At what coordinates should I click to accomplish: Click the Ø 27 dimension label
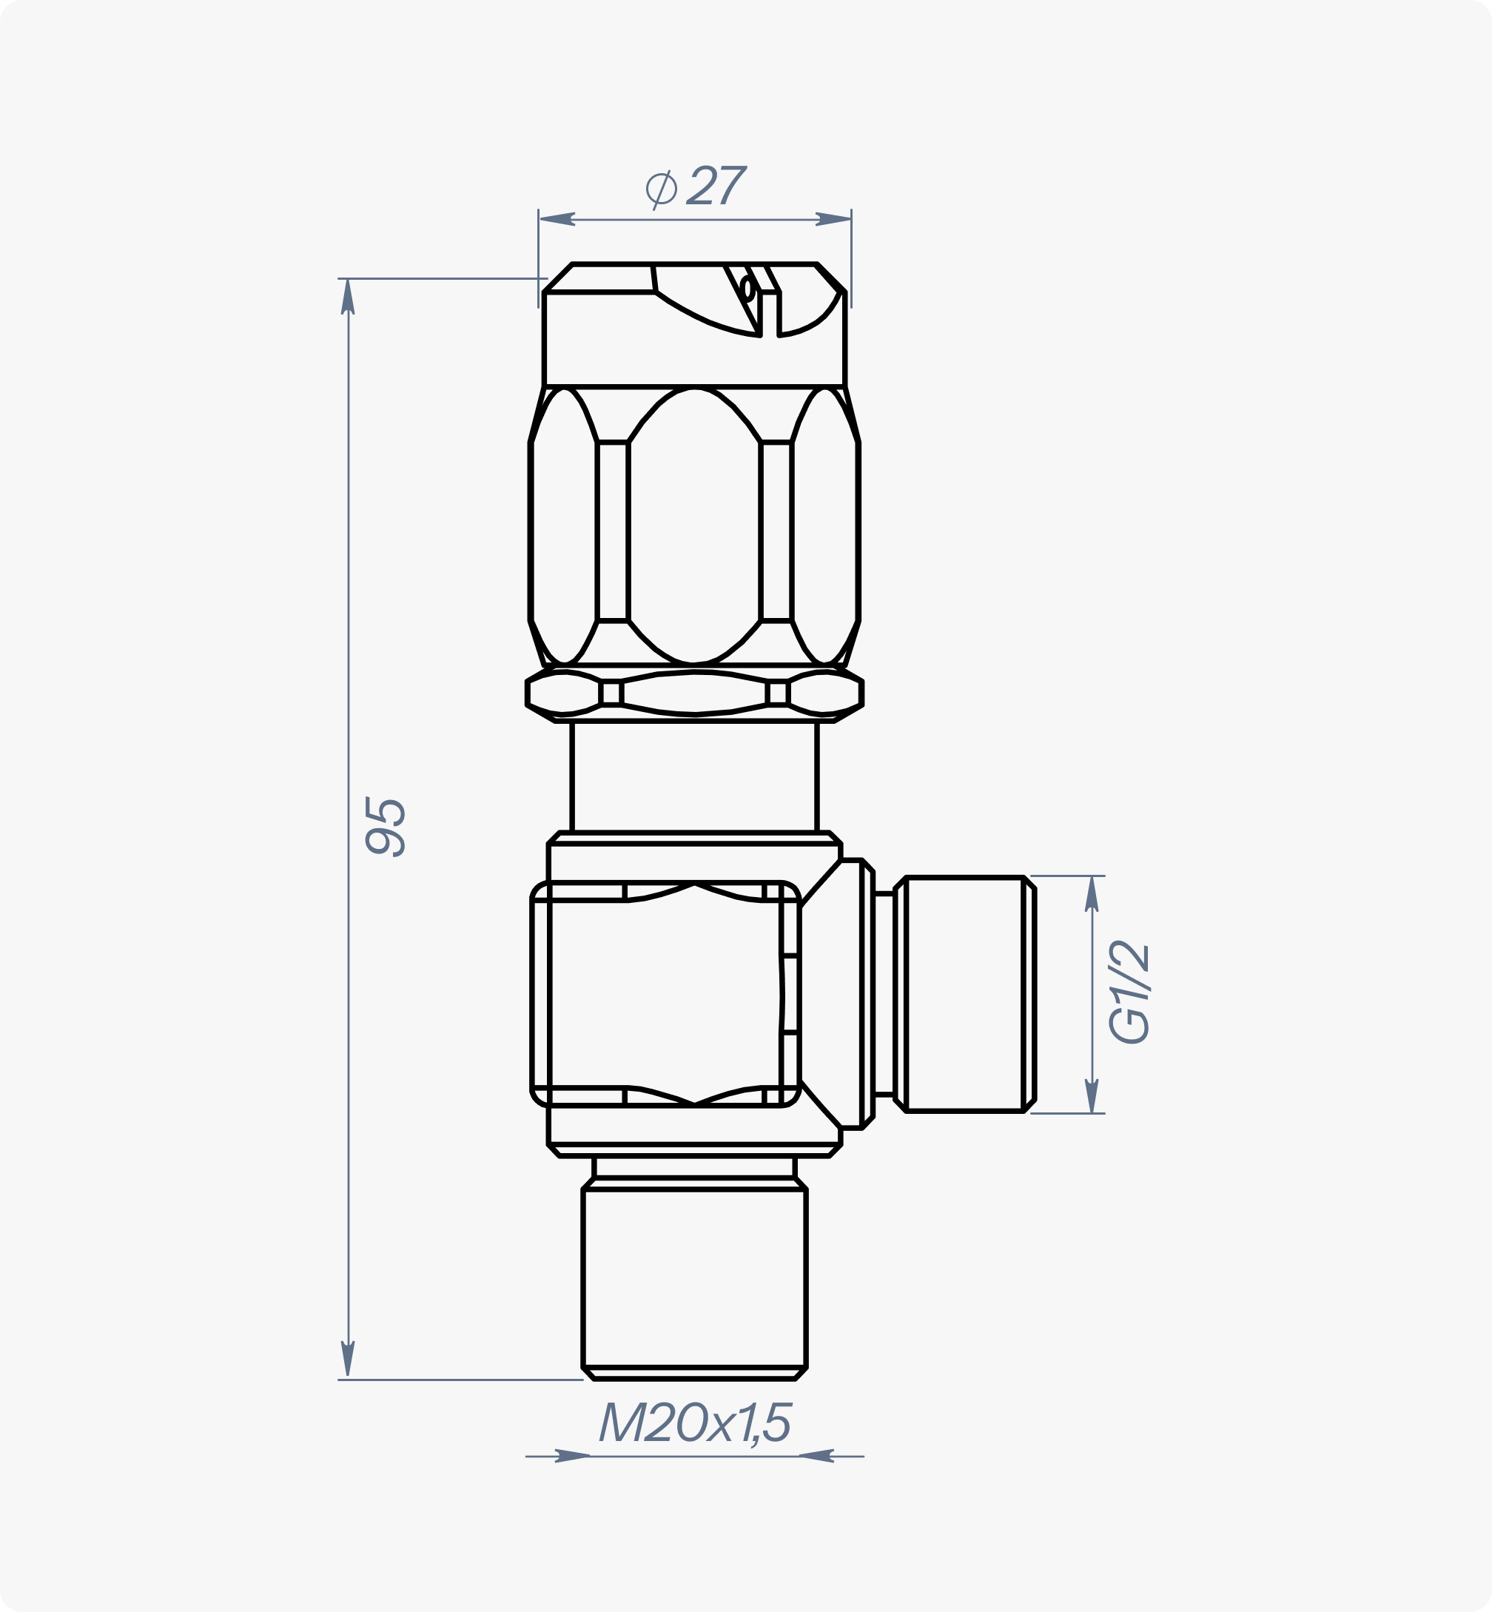click(x=696, y=187)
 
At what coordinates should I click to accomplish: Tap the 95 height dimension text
click(x=385, y=826)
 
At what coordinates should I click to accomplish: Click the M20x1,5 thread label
click(x=695, y=1423)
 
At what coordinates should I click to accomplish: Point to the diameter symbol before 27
click(x=661, y=189)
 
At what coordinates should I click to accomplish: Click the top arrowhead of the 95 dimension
click(x=348, y=296)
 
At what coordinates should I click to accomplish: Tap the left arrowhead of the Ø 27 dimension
click(x=557, y=219)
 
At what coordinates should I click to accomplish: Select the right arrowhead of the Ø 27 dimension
click(x=833, y=219)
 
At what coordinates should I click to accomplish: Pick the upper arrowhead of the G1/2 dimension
click(x=1092, y=893)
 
